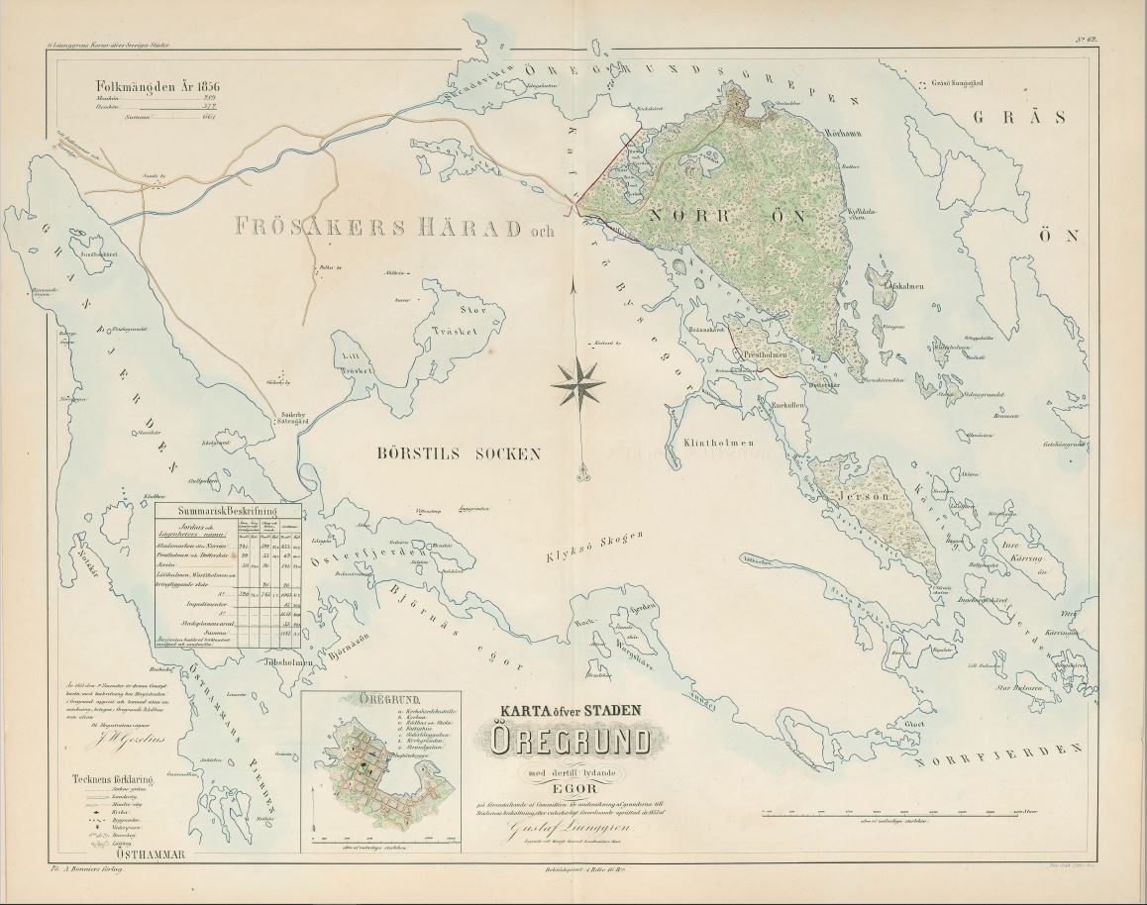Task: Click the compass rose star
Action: (578, 384)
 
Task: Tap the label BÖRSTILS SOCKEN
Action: (460, 454)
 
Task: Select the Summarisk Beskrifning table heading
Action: (227, 512)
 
